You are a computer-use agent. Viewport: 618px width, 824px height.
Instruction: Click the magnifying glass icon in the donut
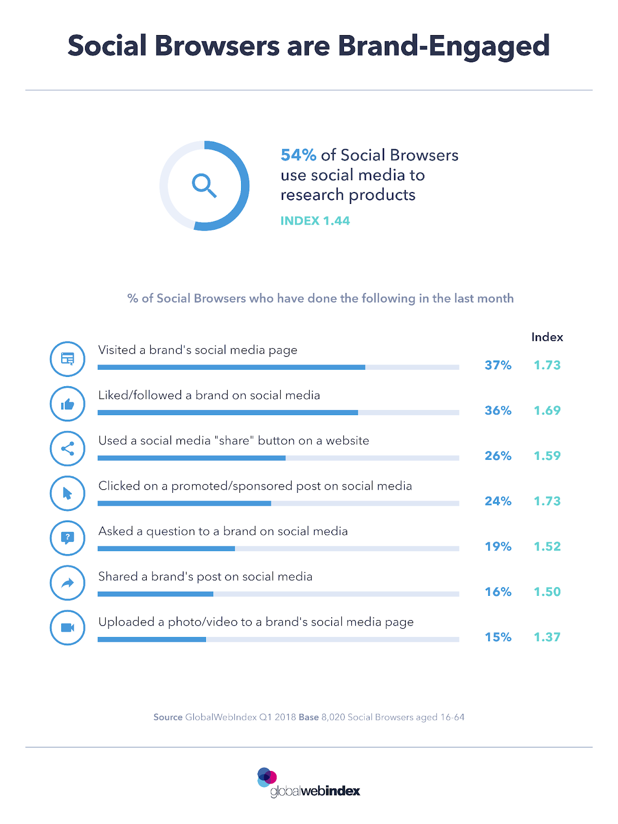coord(204,185)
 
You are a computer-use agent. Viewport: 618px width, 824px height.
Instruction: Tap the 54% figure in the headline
coord(298,155)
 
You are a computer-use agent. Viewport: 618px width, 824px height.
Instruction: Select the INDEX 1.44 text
coord(315,221)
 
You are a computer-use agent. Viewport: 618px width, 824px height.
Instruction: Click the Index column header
coord(547,337)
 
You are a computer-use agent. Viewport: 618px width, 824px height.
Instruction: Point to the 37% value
coord(497,365)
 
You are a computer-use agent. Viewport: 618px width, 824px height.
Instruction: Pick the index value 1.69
coord(547,410)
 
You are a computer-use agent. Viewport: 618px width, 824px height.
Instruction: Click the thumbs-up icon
coord(67,404)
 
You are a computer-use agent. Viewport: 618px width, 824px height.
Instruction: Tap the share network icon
coord(67,449)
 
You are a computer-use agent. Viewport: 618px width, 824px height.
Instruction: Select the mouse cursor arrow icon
coord(67,494)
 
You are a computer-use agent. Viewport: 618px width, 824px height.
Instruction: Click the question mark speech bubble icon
coord(67,538)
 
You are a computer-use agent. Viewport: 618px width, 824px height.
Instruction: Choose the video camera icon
coord(67,628)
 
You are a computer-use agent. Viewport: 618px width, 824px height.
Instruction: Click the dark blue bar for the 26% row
coord(192,458)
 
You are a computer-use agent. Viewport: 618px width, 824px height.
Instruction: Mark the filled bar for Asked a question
coord(166,548)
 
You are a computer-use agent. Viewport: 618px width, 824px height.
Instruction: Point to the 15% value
coord(497,637)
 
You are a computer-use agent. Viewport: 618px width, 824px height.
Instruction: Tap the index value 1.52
coord(547,546)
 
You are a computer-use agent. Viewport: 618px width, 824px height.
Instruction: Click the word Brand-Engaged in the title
coord(443,46)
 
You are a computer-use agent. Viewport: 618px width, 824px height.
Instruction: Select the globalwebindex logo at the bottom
coord(309,783)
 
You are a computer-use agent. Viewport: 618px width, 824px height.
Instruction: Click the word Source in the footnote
coord(168,717)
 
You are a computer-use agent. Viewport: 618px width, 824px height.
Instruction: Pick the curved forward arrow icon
coord(67,583)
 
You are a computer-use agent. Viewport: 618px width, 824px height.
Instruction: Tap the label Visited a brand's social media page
coord(198,350)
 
